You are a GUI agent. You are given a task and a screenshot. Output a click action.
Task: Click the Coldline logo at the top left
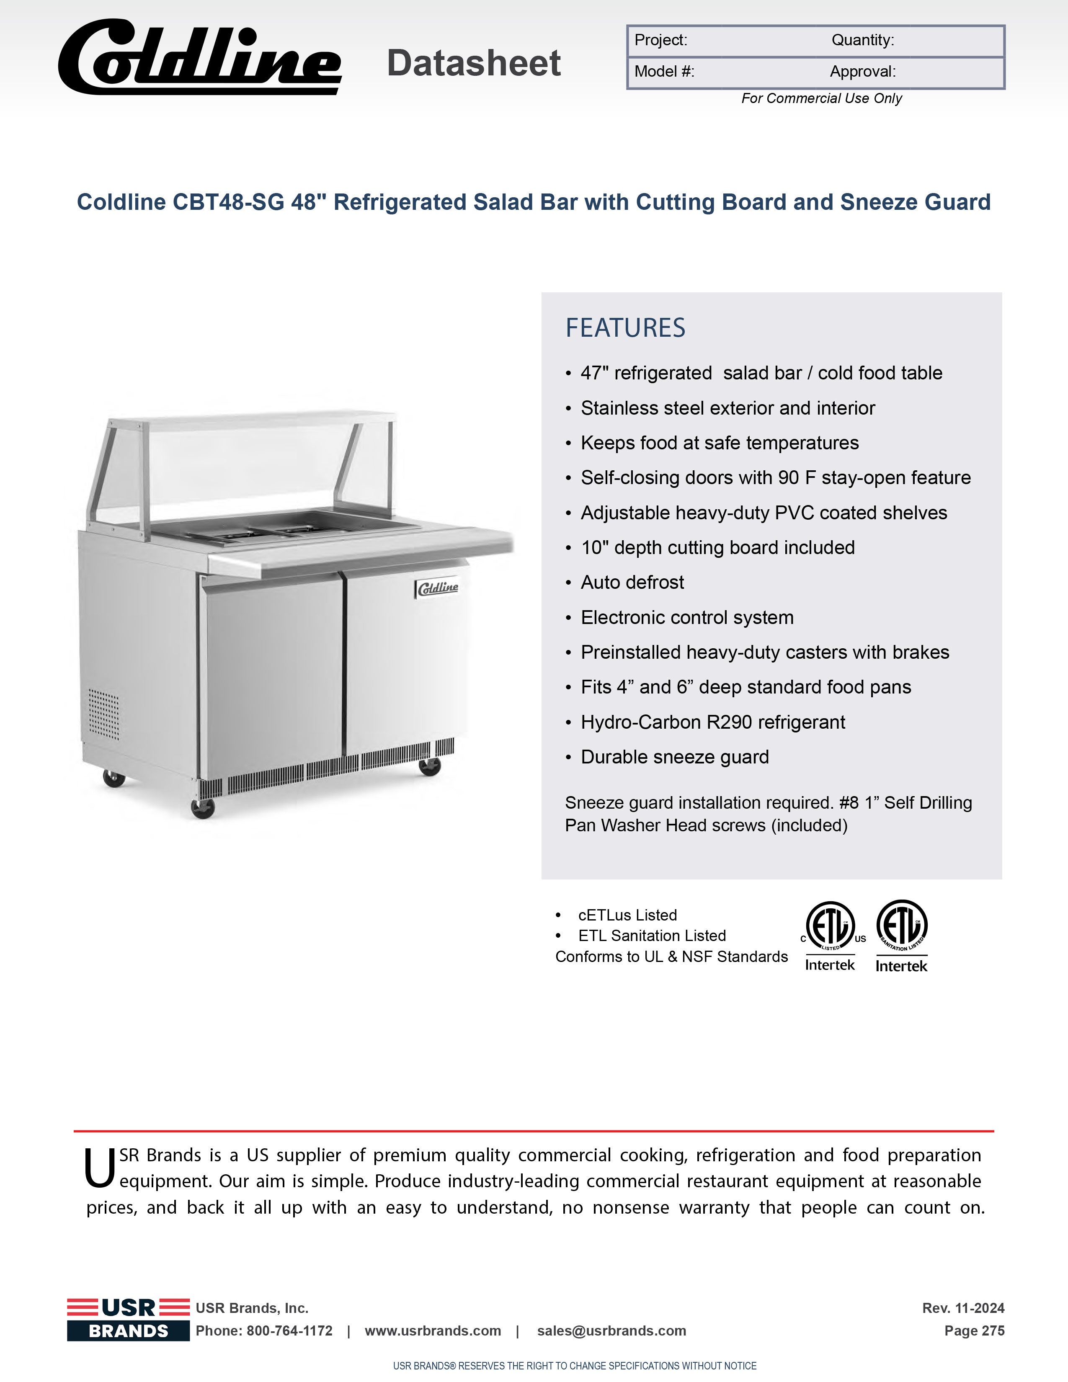click(199, 58)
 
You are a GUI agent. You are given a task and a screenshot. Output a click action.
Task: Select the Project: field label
click(660, 41)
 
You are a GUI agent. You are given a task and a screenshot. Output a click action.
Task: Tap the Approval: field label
click(862, 72)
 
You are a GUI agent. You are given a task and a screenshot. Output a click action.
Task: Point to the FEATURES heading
click(625, 328)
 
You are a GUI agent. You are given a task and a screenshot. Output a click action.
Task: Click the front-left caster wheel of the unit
click(202, 808)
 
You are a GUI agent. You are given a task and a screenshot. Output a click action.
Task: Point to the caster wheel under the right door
click(430, 766)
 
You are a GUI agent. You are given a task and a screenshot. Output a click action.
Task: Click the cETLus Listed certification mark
click(829, 935)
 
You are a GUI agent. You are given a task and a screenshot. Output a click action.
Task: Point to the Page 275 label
click(974, 1331)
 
